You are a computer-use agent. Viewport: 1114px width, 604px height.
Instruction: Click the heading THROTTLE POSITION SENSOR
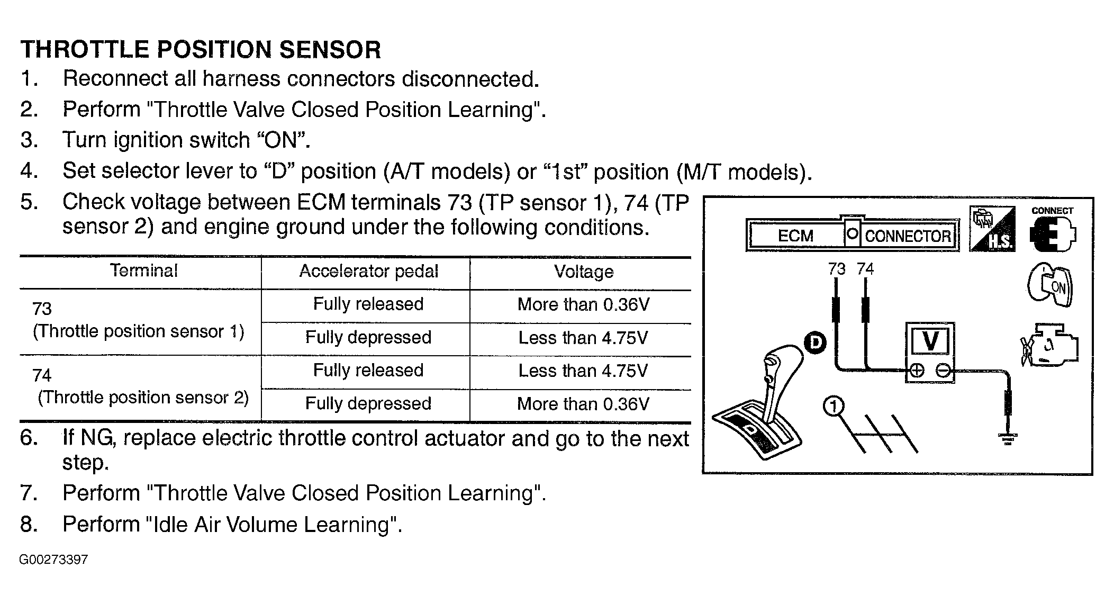[201, 50]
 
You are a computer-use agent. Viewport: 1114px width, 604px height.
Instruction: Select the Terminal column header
[144, 271]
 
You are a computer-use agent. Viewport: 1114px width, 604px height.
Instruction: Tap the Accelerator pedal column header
[369, 272]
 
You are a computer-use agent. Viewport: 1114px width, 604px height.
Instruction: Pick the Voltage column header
[584, 272]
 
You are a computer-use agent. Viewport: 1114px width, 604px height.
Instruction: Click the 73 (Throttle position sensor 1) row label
[138, 320]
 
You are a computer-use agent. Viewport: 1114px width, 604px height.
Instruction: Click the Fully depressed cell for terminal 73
[368, 338]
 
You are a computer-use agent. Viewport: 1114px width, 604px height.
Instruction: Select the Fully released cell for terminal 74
[368, 370]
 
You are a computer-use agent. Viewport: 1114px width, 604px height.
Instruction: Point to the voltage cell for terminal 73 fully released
[583, 304]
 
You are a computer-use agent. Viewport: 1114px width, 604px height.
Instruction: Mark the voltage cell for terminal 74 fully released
[583, 371]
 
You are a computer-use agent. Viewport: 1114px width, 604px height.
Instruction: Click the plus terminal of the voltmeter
[917, 371]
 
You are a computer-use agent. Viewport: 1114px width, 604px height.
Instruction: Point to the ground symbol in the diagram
[1008, 439]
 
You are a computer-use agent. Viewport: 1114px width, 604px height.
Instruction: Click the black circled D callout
[816, 342]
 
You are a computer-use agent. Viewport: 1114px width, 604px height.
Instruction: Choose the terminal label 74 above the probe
[865, 269]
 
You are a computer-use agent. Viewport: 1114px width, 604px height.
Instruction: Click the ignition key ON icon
[1050, 286]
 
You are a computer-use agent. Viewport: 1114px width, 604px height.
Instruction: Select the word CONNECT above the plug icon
[1052, 211]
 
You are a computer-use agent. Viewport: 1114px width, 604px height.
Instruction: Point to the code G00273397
[53, 560]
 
